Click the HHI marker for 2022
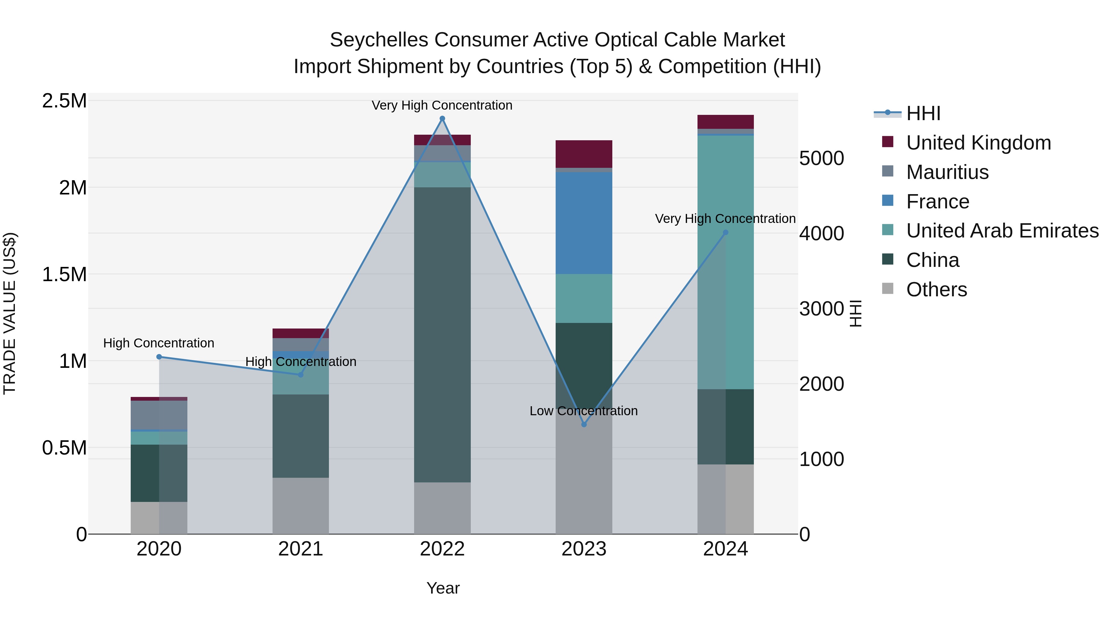[442, 119]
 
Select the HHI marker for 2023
[584, 425]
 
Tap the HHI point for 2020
[159, 357]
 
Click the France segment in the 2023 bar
[584, 223]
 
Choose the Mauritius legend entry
[947, 172]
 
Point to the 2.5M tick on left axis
[64, 101]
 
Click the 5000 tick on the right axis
[821, 158]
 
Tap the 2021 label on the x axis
[300, 549]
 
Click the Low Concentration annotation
[584, 411]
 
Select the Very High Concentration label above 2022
[442, 105]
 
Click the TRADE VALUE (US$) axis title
[10, 313]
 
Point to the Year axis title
[443, 588]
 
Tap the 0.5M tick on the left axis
[64, 448]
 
